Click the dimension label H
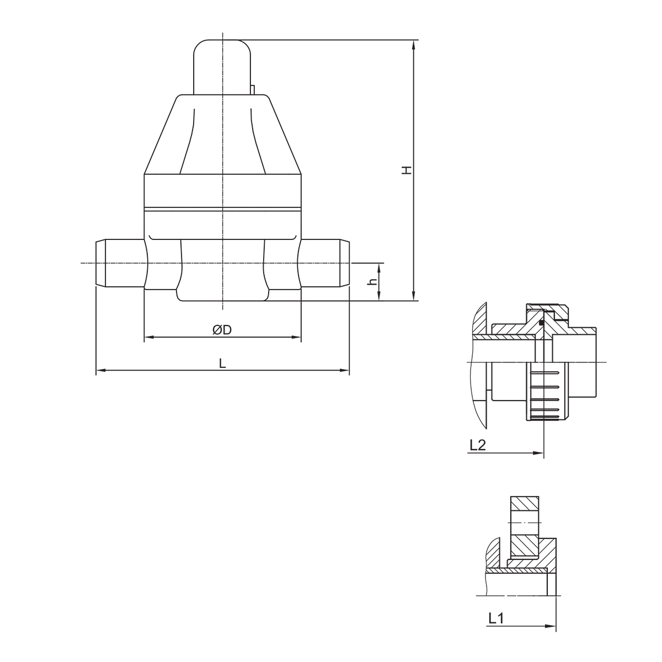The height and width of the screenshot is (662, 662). (x=407, y=170)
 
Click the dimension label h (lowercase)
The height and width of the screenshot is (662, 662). (x=372, y=282)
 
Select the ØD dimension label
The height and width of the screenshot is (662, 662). (x=222, y=330)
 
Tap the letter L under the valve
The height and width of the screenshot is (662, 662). (x=223, y=363)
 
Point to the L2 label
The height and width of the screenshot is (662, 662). (x=478, y=445)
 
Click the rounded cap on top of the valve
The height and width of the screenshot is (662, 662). (x=222, y=67)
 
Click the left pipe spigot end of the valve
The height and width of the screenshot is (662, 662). (x=120, y=263)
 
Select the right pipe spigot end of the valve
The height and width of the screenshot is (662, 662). (x=325, y=263)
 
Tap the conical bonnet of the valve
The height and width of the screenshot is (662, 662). (x=223, y=134)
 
